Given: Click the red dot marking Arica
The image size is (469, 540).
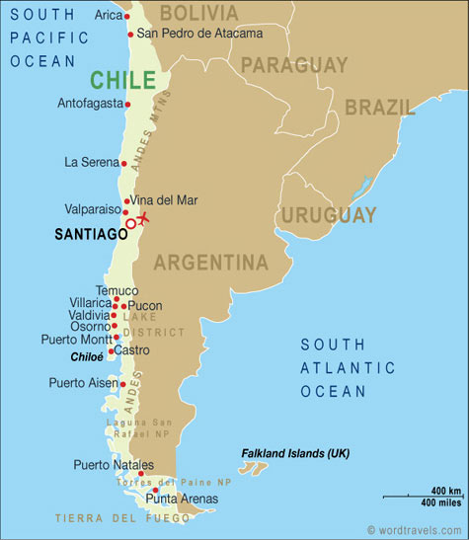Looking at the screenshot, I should click(127, 17).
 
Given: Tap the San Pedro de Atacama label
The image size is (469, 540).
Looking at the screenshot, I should click(199, 34).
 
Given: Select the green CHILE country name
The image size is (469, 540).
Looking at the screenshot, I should click(122, 79).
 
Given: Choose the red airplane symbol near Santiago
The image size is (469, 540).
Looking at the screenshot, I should click(144, 217).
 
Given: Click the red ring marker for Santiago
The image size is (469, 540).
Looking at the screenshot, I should click(131, 224).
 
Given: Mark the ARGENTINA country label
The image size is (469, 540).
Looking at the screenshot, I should click(210, 263).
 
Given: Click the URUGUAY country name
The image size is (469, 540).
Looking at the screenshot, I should click(329, 214).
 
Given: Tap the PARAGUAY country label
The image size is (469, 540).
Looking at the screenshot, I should click(294, 65).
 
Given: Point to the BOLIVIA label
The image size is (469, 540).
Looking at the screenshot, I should click(198, 13).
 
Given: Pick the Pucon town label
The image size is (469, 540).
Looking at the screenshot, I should click(145, 306).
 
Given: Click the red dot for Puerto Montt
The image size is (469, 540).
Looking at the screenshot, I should click(117, 338).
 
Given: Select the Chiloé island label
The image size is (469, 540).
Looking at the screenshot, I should click(88, 357).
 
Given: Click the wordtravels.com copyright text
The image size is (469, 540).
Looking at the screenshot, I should click(415, 530).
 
